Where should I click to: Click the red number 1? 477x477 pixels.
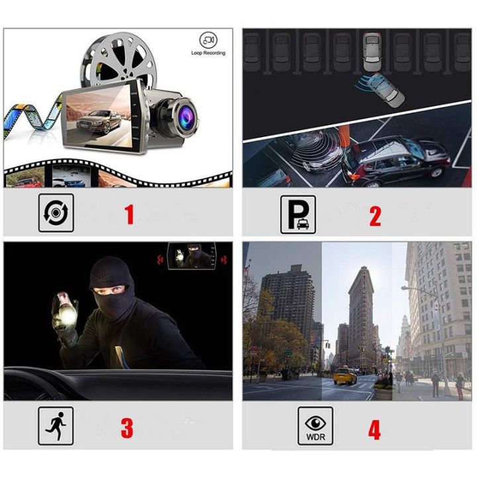[x=129, y=215]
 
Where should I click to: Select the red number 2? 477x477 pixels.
[x=375, y=215]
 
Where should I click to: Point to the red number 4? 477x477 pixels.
[x=374, y=429]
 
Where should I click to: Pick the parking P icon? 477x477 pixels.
[x=297, y=215]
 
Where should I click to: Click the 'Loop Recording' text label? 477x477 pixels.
[x=208, y=53]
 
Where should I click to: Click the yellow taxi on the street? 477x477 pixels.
[x=345, y=376]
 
